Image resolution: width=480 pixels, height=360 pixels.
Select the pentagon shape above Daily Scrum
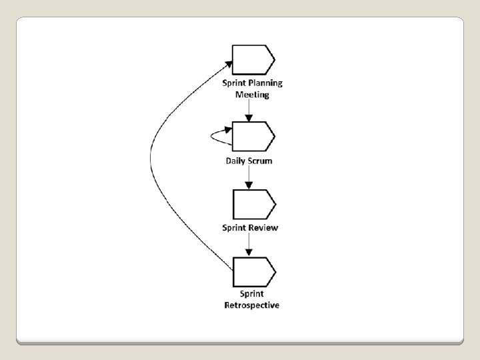click(x=253, y=136)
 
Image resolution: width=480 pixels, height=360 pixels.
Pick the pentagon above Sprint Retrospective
click(x=253, y=271)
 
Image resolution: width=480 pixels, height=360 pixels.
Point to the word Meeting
click(x=252, y=95)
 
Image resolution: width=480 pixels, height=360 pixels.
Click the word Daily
click(x=236, y=161)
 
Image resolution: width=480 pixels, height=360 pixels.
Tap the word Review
click(x=265, y=227)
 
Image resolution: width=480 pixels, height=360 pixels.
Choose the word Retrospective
click(x=252, y=305)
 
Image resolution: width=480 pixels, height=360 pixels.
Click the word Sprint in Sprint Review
click(x=235, y=227)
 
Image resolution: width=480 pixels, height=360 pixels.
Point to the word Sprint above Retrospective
click(x=252, y=294)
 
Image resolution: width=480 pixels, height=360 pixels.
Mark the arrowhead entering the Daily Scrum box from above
click(x=249, y=117)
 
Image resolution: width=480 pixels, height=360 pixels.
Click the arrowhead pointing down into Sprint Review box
click(x=249, y=185)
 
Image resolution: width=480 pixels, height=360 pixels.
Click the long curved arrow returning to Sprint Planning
click(x=151, y=160)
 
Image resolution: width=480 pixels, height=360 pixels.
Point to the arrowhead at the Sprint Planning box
click(x=229, y=64)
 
